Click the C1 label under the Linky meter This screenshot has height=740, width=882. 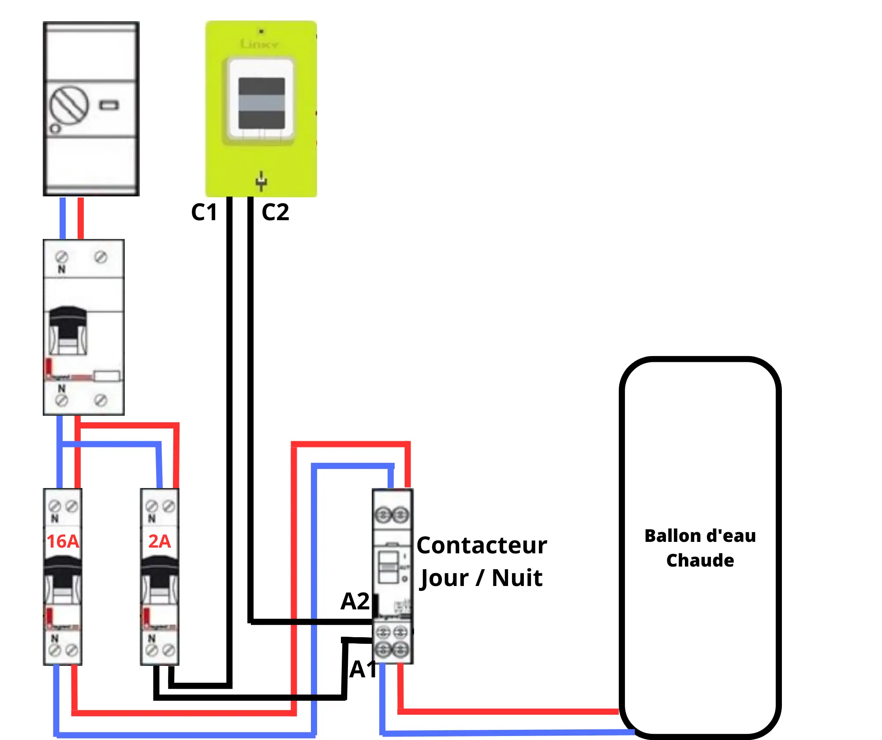(x=204, y=212)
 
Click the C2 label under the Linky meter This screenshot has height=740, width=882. (x=275, y=212)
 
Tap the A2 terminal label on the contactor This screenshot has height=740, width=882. (x=355, y=601)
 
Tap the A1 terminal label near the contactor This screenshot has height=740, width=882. (x=363, y=669)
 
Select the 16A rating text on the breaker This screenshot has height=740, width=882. (x=63, y=541)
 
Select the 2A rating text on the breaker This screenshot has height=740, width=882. (x=159, y=541)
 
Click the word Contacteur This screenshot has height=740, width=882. (x=482, y=545)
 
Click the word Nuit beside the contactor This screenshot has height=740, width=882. (x=517, y=578)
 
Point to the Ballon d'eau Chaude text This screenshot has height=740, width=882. (x=700, y=548)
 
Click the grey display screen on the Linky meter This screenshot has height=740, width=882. (x=262, y=104)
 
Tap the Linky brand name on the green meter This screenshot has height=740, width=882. (x=259, y=44)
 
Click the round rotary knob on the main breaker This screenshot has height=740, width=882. (x=68, y=105)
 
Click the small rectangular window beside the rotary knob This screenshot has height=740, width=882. (x=109, y=105)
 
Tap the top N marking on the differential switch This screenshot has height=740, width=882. (x=62, y=269)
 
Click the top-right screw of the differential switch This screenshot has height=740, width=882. (x=101, y=257)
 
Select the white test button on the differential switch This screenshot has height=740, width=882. (x=107, y=376)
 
